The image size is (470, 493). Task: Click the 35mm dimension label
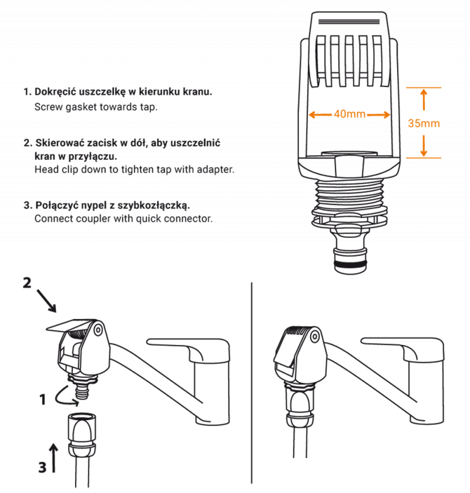tap(424, 123)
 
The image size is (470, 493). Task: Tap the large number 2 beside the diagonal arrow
tap(27, 283)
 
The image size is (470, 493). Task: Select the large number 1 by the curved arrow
tap(42, 400)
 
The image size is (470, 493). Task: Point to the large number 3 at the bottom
tap(42, 467)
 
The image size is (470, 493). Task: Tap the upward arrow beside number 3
tap(54, 458)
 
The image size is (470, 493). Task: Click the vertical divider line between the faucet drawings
tap(251, 382)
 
